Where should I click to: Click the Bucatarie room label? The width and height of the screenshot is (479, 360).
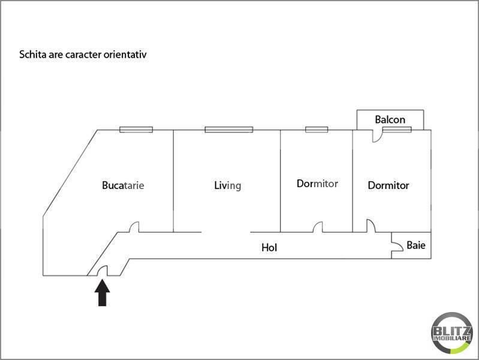point(123,185)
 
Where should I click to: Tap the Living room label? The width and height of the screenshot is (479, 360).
point(228,185)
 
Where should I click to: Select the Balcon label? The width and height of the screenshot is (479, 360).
point(390,119)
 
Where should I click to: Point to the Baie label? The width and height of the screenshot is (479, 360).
point(416,245)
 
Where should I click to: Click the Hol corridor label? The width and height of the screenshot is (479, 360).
point(269,247)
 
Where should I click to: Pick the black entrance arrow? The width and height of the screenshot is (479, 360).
point(102,293)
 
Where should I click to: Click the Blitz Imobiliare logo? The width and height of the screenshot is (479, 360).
point(452,333)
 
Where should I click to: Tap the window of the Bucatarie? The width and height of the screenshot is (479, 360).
point(136,130)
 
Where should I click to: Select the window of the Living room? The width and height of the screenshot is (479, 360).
point(229,130)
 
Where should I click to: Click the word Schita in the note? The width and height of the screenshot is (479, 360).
point(33,55)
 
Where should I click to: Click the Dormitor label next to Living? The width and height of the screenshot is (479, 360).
point(317,184)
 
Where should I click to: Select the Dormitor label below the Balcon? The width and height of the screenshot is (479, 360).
point(388,185)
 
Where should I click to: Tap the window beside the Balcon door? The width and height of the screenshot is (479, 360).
point(397,130)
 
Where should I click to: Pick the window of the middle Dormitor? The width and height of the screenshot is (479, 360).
point(317,130)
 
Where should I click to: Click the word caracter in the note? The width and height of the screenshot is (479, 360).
point(83,55)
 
